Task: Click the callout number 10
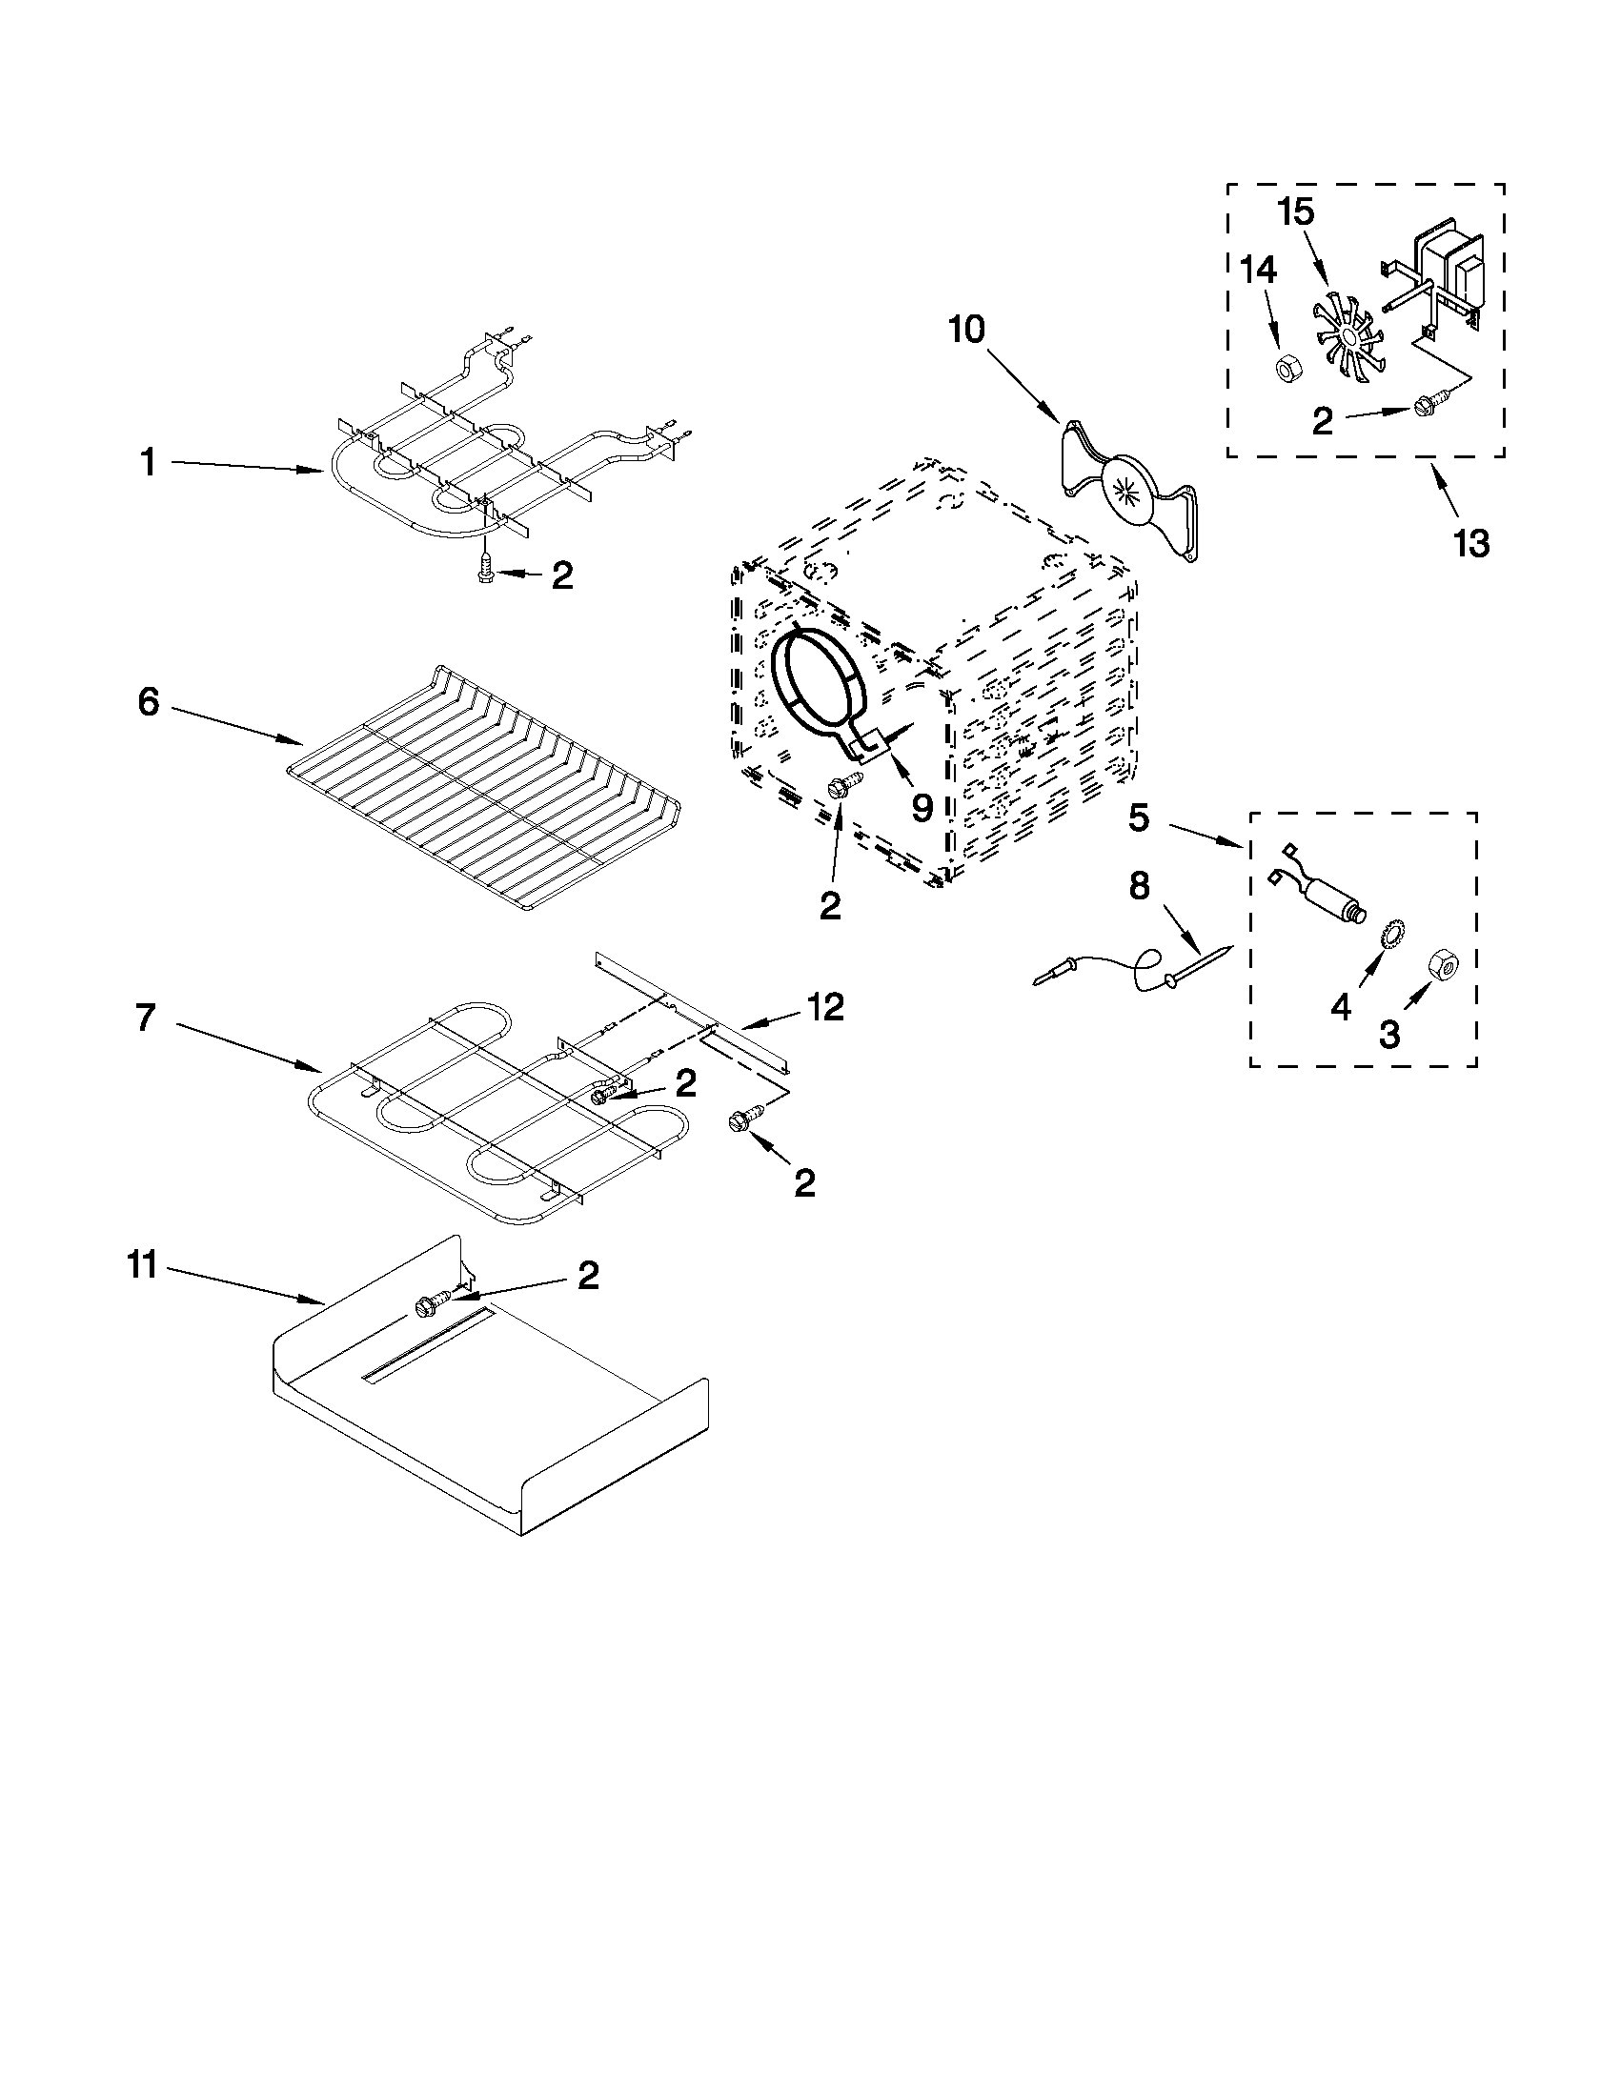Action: coord(967,330)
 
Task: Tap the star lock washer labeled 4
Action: coord(1388,934)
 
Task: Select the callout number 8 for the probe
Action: coord(1139,886)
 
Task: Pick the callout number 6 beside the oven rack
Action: coord(148,702)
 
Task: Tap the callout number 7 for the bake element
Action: coord(145,1018)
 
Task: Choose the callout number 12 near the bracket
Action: coord(825,1006)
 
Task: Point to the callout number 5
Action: coord(1138,818)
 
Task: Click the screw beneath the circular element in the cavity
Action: coord(838,787)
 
